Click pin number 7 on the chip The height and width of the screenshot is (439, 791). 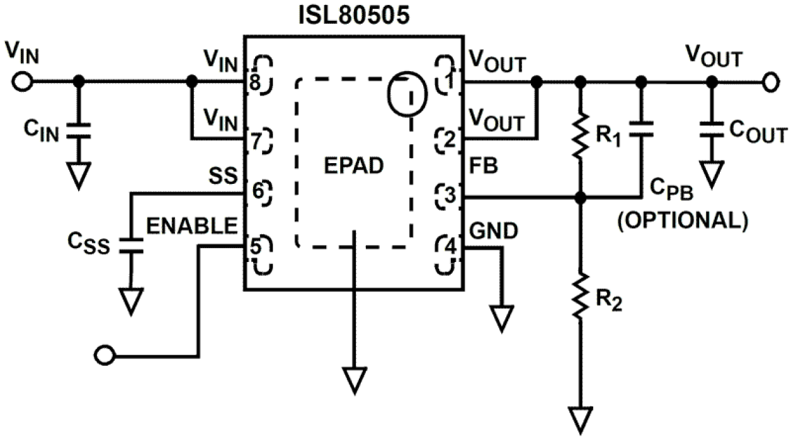pyautogui.click(x=255, y=141)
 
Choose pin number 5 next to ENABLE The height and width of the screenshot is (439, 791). pyautogui.click(x=255, y=246)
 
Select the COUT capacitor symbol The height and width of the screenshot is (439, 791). pyautogui.click(x=711, y=132)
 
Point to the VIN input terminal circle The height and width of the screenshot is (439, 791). pyautogui.click(x=22, y=82)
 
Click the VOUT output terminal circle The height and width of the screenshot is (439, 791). pyautogui.click(x=770, y=82)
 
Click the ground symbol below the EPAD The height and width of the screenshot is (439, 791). pyautogui.click(x=355, y=379)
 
